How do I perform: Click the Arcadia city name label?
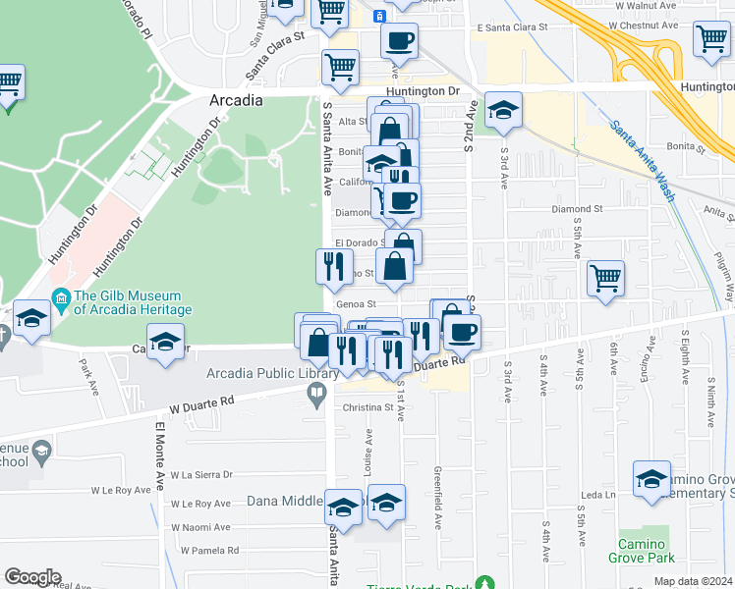click(236, 101)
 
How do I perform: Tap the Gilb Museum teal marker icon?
click(61, 296)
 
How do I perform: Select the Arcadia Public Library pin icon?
click(316, 395)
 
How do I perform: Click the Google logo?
click(32, 577)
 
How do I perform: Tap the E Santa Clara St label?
click(511, 27)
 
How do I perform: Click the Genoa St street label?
click(357, 304)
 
